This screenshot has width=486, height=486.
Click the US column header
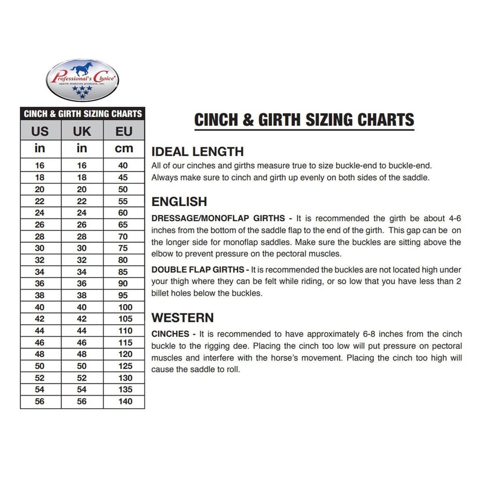click(x=40, y=131)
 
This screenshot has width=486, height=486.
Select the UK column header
click(x=82, y=131)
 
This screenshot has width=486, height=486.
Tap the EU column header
click(x=123, y=131)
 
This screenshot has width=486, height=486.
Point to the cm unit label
click(x=123, y=149)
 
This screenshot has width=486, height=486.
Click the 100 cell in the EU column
click(x=125, y=307)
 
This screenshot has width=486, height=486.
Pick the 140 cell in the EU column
click(x=125, y=401)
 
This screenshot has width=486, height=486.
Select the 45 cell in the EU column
click(x=123, y=177)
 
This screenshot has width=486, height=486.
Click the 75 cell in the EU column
click(x=123, y=248)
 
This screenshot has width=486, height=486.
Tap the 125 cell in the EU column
click(x=125, y=366)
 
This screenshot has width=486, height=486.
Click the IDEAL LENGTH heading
click(x=197, y=151)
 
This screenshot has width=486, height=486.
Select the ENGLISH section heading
click(x=179, y=202)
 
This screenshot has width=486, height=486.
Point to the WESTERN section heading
click(x=183, y=318)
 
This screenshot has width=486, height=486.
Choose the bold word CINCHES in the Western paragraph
click(x=170, y=334)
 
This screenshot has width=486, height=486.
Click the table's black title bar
click(x=83, y=114)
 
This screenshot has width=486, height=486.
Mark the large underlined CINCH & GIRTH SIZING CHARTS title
click(x=304, y=120)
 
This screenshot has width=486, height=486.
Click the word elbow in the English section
click(x=161, y=254)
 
